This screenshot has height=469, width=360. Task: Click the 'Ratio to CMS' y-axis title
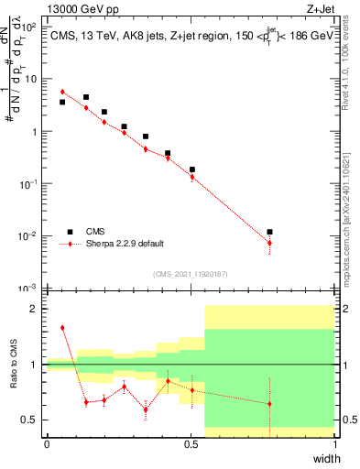(x=13, y=365)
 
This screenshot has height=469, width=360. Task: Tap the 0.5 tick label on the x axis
(x=191, y=444)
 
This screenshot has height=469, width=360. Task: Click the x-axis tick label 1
(x=335, y=444)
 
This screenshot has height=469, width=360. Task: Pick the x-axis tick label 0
(x=47, y=444)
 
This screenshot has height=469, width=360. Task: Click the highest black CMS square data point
(x=86, y=97)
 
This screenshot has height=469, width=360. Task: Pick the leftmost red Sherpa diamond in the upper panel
(x=62, y=92)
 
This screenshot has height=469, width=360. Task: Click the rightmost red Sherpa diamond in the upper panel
(x=269, y=243)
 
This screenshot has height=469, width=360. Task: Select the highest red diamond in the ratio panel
(x=62, y=327)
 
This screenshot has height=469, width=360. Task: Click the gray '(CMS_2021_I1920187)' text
(x=191, y=273)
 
